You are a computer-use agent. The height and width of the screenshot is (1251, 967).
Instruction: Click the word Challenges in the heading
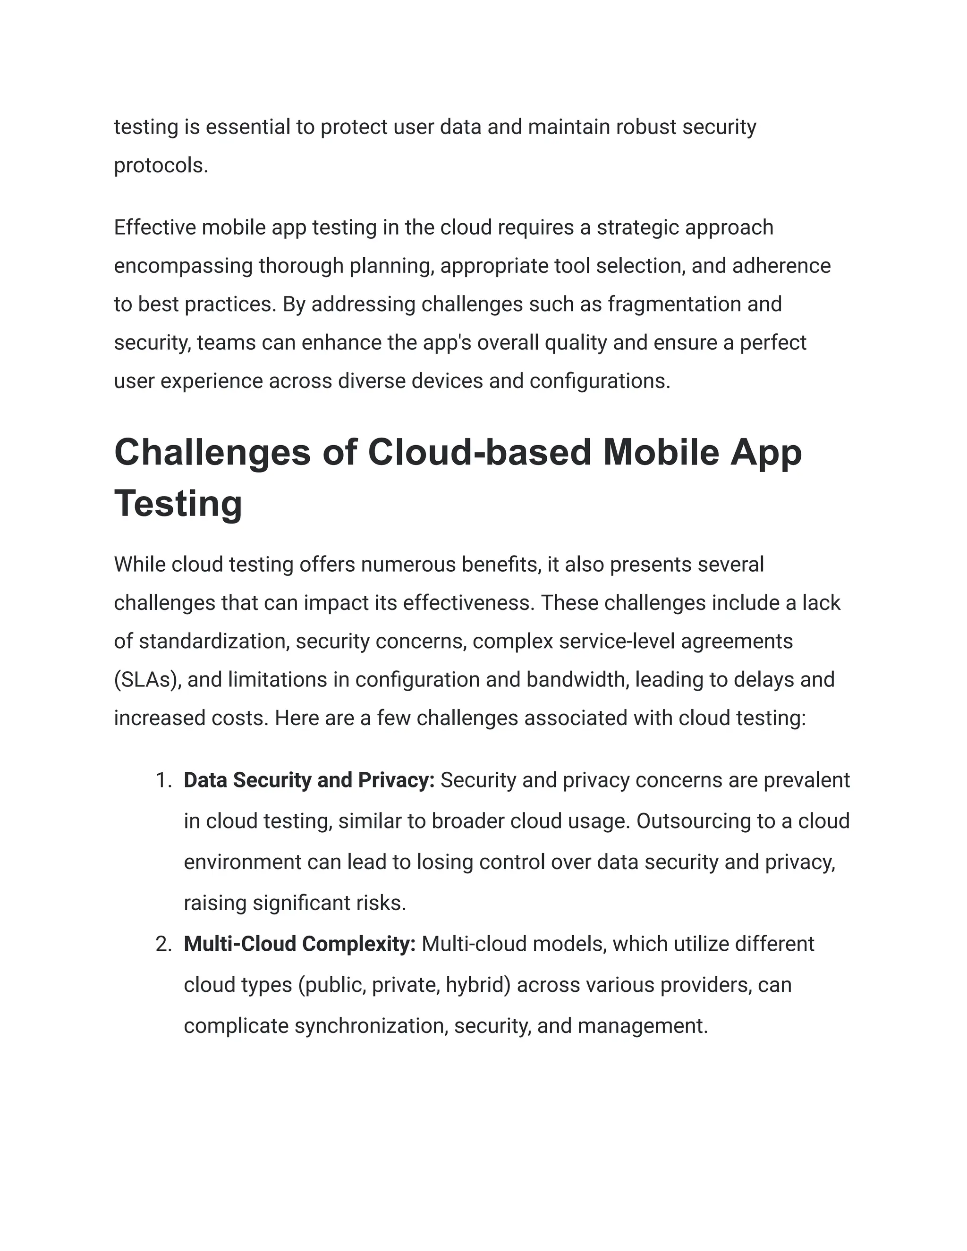tap(212, 453)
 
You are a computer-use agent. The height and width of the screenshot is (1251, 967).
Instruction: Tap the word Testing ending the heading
tap(178, 504)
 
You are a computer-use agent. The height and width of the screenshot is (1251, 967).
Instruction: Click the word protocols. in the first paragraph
tap(161, 166)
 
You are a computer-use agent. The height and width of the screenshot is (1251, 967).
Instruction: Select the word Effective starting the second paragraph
tap(155, 228)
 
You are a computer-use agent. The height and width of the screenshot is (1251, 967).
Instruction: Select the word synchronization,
tap(371, 1025)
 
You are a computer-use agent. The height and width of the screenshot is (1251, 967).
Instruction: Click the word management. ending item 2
tap(643, 1025)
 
